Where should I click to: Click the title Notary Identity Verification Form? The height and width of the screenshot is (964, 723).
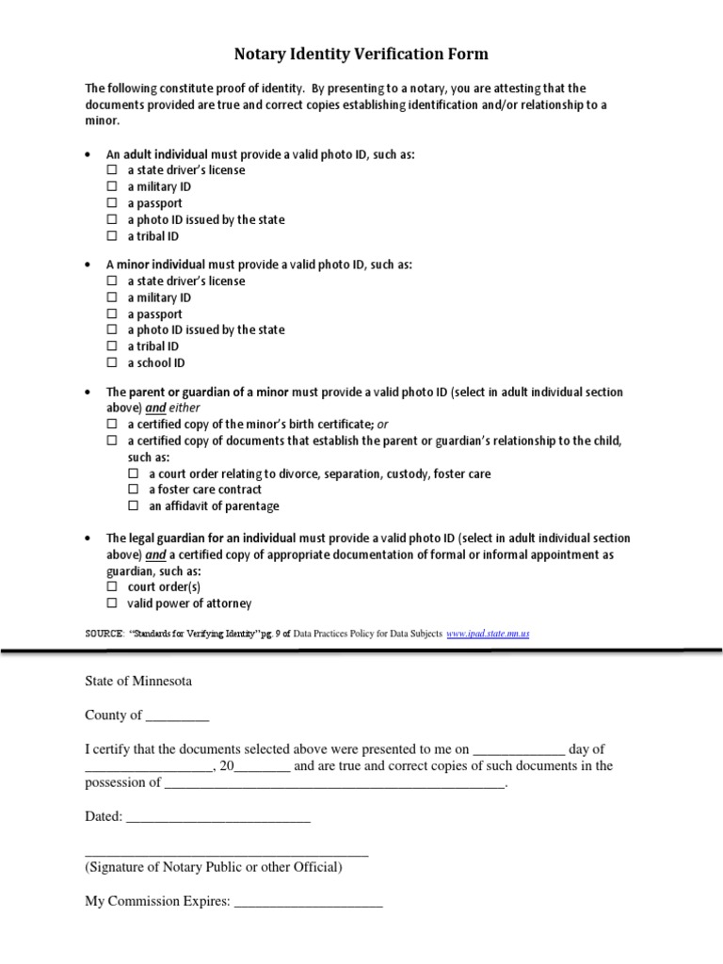(x=361, y=55)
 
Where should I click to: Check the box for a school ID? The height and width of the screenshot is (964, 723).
(x=111, y=363)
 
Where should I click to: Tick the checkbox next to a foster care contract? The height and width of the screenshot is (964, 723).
(x=133, y=490)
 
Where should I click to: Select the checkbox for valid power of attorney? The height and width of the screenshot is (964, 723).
(x=111, y=603)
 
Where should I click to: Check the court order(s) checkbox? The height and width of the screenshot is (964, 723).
(x=111, y=587)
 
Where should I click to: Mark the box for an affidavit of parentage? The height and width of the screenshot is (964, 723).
(x=133, y=506)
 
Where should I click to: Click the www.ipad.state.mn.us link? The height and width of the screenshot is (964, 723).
(x=488, y=635)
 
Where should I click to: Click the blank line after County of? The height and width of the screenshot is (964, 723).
(x=177, y=715)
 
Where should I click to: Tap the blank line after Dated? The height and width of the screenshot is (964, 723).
(x=217, y=817)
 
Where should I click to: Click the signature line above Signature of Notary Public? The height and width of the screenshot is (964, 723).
(x=226, y=853)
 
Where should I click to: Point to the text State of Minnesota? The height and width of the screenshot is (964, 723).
(x=137, y=681)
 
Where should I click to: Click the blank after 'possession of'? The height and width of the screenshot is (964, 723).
(x=334, y=783)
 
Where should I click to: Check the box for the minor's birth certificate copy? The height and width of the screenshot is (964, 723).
(x=111, y=425)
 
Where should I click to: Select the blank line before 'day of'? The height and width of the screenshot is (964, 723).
(x=518, y=749)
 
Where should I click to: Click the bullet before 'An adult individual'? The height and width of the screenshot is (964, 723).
(x=88, y=154)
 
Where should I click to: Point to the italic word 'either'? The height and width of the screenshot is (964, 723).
(x=185, y=408)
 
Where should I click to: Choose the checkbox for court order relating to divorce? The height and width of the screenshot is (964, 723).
(x=133, y=474)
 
